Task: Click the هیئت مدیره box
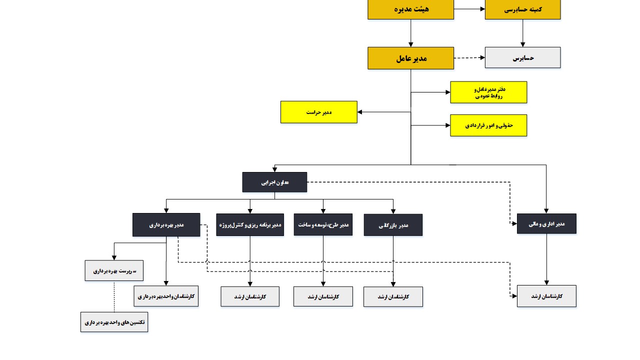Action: pos(410,9)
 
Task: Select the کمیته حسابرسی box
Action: pos(522,9)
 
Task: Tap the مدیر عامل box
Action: pos(410,58)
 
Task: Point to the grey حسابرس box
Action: pos(522,57)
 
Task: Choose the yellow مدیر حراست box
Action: pos(318,112)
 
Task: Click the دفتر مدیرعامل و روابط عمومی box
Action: pos(488,92)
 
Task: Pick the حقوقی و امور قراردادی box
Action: pos(488,125)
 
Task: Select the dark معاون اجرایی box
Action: pos(274,182)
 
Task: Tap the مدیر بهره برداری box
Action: pos(166,225)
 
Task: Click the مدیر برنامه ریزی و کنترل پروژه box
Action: pos(249,225)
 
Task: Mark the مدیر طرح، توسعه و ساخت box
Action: pos(323,224)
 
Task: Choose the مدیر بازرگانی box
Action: pos(393,225)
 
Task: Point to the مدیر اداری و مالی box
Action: pos(546,223)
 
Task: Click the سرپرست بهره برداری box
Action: pos(114,270)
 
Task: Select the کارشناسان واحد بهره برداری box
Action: pos(166,296)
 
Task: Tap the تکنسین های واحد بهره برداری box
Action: pos(114,322)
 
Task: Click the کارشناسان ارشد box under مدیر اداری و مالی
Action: pos(546,296)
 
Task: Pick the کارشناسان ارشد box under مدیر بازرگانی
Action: pos(393,296)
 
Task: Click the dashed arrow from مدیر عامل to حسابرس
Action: pos(469,58)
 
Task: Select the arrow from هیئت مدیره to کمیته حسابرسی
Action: pos(469,9)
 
